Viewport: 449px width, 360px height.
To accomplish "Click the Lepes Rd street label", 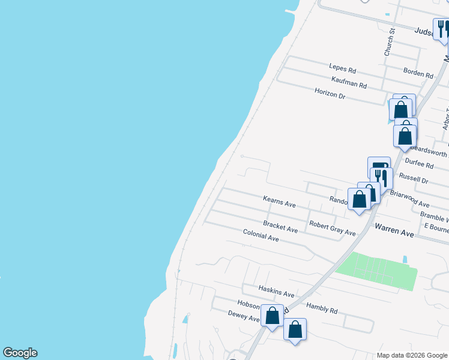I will [x=342, y=69].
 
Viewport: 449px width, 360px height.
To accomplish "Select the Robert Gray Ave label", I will [x=332, y=229].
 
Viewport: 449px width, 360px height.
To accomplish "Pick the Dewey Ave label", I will [x=243, y=316].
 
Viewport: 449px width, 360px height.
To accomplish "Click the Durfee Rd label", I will [x=419, y=163].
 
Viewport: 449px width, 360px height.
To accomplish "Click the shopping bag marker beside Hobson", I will [x=272, y=316].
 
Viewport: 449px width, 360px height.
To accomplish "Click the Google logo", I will [x=20, y=353].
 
